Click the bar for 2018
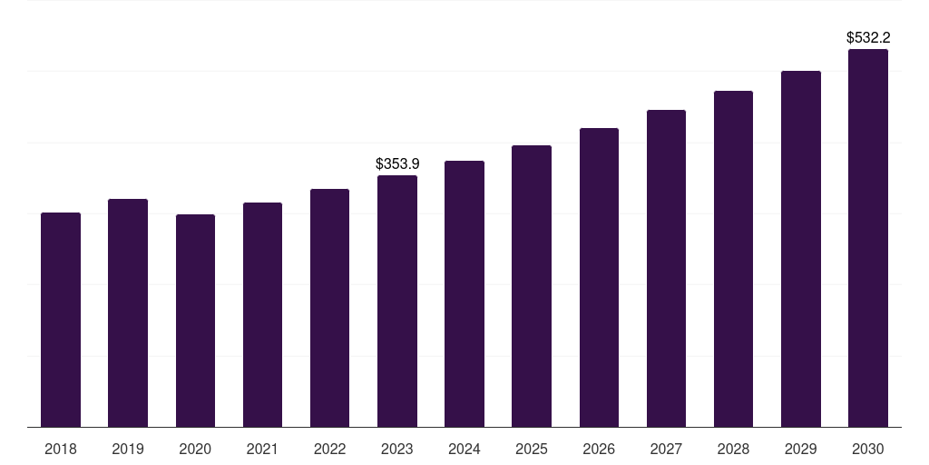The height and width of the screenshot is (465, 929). pyautogui.click(x=61, y=320)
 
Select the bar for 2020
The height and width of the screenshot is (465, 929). pyautogui.click(x=195, y=321)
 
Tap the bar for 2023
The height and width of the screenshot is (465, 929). pyautogui.click(x=397, y=301)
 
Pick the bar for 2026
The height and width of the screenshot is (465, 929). pyautogui.click(x=599, y=277)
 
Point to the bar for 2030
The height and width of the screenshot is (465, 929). pyautogui.click(x=868, y=238)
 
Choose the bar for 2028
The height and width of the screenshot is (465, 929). pyautogui.click(x=733, y=259)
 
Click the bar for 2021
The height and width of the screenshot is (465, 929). pyautogui.click(x=262, y=314)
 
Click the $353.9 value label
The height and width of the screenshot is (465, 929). pyautogui.click(x=397, y=164)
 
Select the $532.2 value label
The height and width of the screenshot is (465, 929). pyautogui.click(x=868, y=38)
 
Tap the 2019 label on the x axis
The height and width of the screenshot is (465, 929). pyautogui.click(x=128, y=449)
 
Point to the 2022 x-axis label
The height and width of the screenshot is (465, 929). pyautogui.click(x=329, y=449)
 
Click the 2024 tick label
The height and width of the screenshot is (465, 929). pyautogui.click(x=464, y=449)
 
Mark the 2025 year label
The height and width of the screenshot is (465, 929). pyautogui.click(x=532, y=449)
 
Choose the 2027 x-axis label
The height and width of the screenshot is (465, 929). pyautogui.click(x=666, y=449)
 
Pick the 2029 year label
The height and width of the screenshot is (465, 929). pyautogui.click(x=801, y=449)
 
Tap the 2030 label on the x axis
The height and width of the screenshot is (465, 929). pyautogui.click(x=868, y=449)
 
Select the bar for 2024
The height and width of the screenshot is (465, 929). pyautogui.click(x=464, y=293)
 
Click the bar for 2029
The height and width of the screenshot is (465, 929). pyautogui.click(x=801, y=249)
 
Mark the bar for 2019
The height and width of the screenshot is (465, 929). pyautogui.click(x=128, y=312)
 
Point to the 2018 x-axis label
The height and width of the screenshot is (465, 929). pyautogui.click(x=61, y=449)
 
